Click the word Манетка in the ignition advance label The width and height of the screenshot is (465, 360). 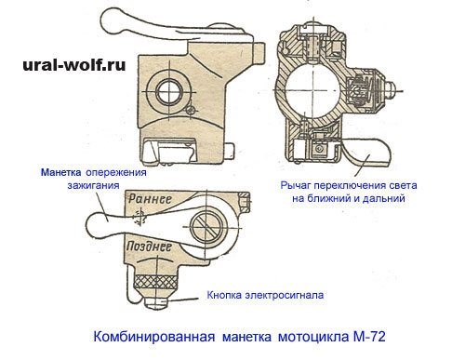(60, 173)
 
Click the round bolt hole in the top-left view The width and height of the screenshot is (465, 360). (170, 91)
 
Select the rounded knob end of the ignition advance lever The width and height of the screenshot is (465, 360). (92, 223)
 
